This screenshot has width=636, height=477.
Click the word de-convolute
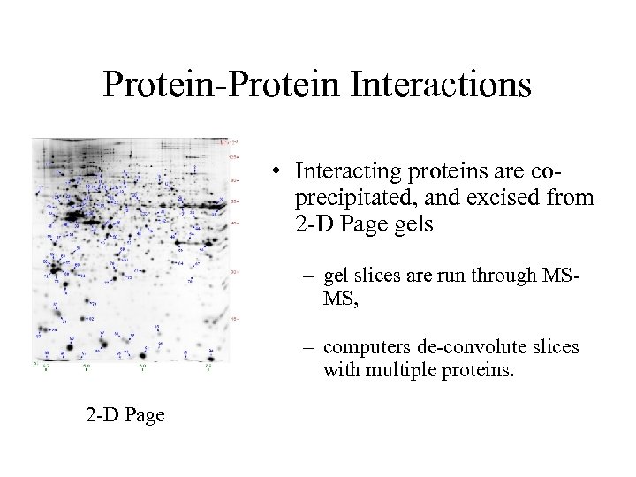pos(467,347)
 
